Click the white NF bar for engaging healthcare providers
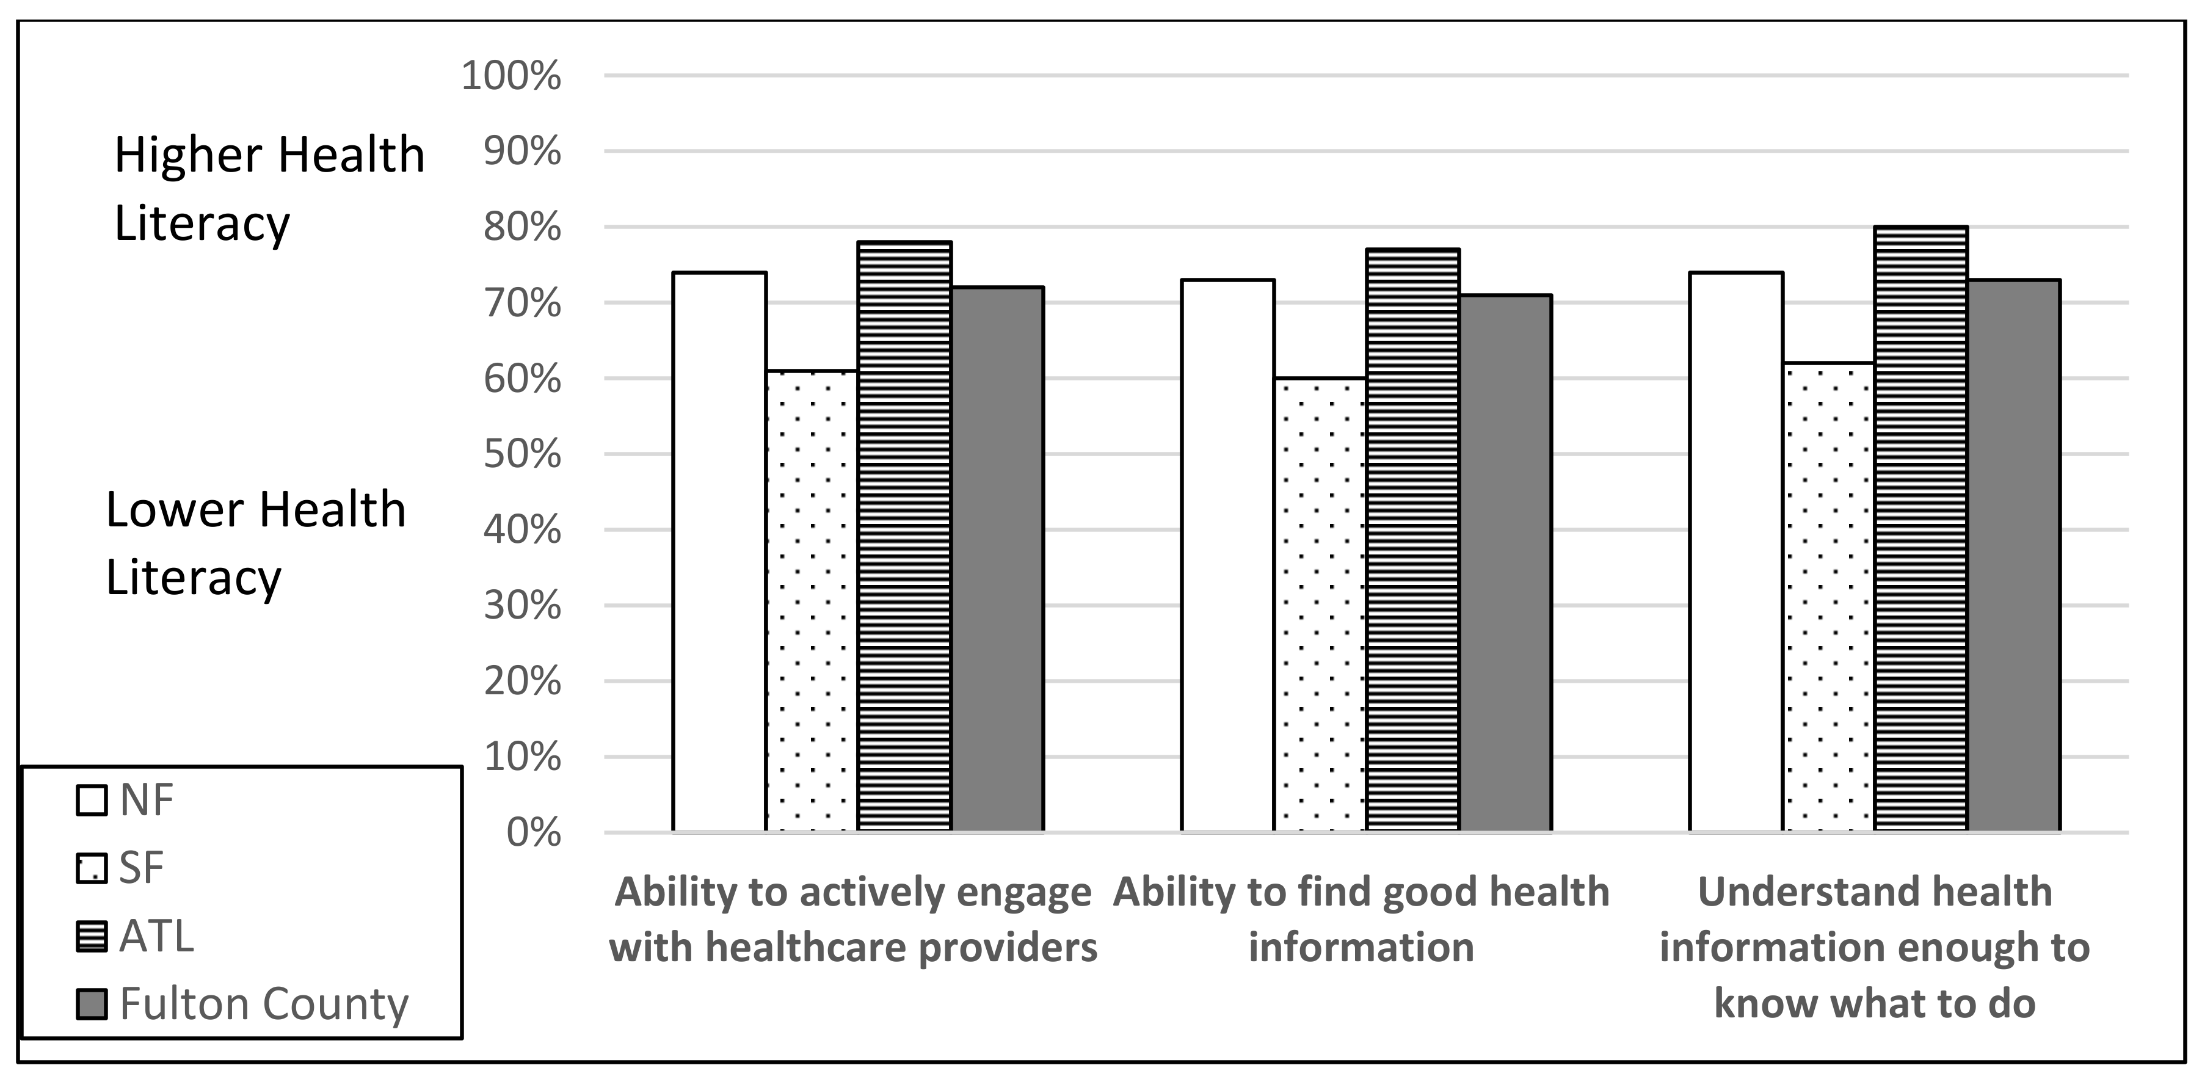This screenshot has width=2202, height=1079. pyautogui.click(x=719, y=551)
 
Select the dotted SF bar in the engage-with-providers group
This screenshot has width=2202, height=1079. pyautogui.click(x=811, y=600)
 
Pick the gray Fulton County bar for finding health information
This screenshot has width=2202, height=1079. pyautogui.click(x=1505, y=562)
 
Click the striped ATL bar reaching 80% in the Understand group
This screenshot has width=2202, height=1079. pyautogui.click(x=1920, y=528)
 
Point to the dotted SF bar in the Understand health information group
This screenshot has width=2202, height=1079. pyautogui.click(x=1828, y=596)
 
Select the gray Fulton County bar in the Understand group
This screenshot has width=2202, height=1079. pyautogui.click(x=2013, y=555)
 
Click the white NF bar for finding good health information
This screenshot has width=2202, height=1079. pyautogui.click(x=1227, y=555)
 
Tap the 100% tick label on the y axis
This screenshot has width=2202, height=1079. pyautogui.click(x=511, y=76)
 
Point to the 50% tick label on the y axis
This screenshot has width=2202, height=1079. pyautogui.click(x=521, y=454)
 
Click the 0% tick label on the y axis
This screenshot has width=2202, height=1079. pyautogui.click(x=532, y=833)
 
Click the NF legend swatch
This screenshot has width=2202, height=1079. pyautogui.click(x=92, y=801)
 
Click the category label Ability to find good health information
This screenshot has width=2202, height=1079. pyautogui.click(x=1361, y=919)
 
